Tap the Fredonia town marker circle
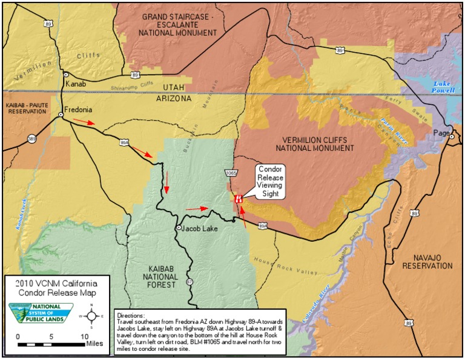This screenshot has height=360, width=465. tap(61, 114)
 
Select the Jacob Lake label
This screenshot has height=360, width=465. tap(200, 228)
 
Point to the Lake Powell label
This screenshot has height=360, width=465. tap(443, 86)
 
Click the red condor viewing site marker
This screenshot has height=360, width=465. tap(239, 198)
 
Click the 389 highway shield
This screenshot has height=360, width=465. tap(31, 139)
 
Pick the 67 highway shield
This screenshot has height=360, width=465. tap(190, 281)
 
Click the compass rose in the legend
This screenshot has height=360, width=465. tap(91, 315)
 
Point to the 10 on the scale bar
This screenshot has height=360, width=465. tap(83, 336)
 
